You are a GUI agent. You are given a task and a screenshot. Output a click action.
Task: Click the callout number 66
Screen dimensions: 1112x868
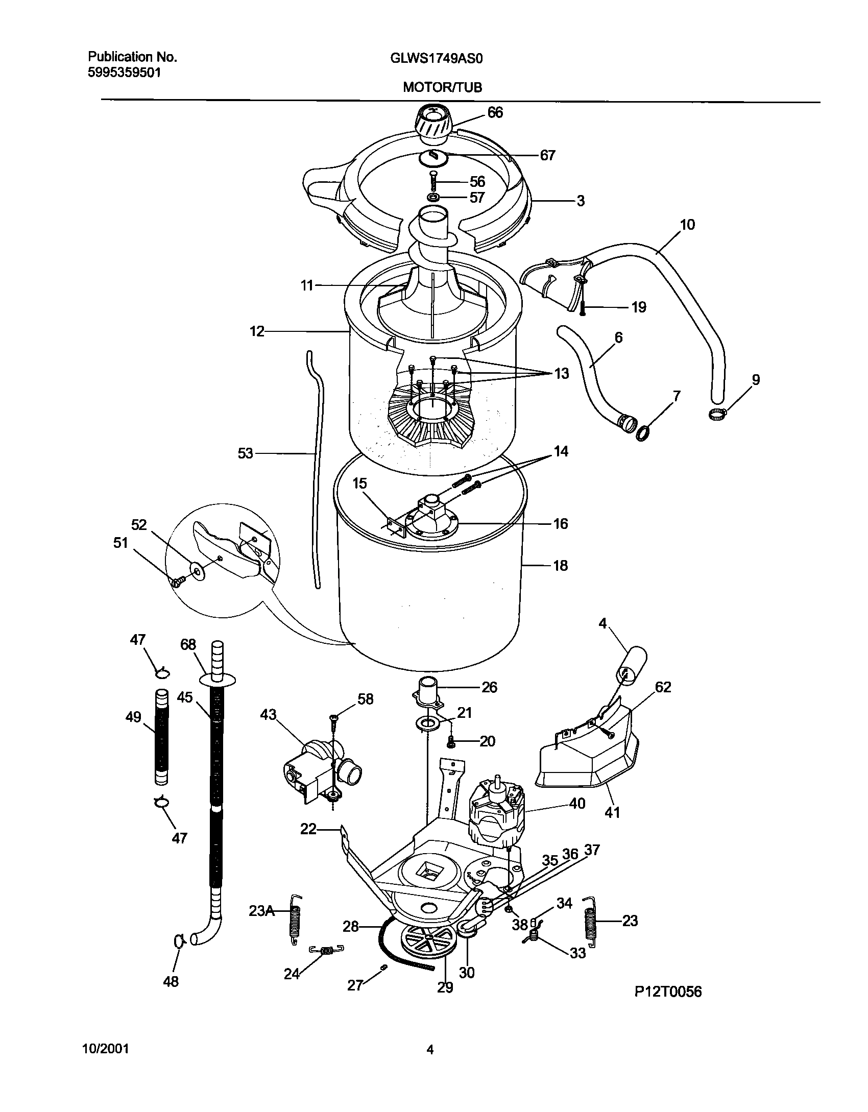495,112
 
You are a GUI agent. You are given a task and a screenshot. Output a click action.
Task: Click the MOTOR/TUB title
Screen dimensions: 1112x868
442,87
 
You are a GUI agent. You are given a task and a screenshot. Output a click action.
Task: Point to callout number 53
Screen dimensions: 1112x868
245,453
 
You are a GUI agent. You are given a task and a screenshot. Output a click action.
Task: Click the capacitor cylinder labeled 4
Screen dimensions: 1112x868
632,665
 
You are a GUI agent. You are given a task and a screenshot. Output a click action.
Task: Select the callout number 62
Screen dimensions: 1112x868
662,687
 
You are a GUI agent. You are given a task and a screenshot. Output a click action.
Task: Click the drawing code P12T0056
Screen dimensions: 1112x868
668,1006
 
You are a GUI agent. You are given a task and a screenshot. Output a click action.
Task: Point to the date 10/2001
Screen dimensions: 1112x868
105,1049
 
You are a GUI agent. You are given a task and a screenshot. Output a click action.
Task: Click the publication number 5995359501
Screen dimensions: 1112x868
125,72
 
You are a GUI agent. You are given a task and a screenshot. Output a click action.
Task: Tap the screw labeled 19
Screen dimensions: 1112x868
582,308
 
